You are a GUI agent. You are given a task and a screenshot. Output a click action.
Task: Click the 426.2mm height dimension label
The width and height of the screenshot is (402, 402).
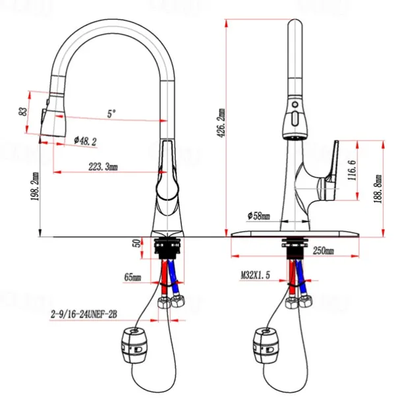click(x=222, y=123)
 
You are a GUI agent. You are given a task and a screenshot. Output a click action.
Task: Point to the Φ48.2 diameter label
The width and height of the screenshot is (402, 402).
click(x=86, y=140)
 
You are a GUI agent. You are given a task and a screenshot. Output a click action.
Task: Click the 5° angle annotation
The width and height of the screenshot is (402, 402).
click(x=111, y=113)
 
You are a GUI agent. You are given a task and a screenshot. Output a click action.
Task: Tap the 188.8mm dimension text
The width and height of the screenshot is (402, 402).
click(x=378, y=189)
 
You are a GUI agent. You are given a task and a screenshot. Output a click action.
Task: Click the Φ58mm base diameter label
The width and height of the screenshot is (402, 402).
click(x=259, y=215)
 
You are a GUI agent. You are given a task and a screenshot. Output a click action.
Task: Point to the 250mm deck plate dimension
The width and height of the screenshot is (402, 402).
click(x=323, y=251)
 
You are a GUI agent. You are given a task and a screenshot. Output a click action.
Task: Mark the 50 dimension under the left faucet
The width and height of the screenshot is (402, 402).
click(x=137, y=244)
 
